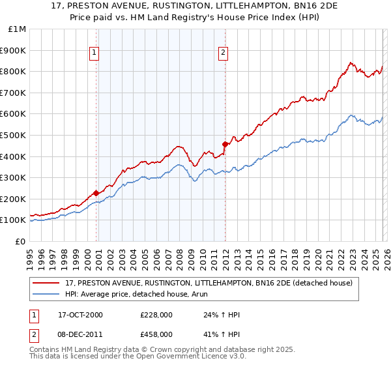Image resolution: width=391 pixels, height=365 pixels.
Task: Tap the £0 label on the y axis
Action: tap(22, 241)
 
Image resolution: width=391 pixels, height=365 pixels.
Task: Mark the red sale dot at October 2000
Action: tap(96, 192)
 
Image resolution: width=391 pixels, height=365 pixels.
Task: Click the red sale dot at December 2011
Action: tap(225, 143)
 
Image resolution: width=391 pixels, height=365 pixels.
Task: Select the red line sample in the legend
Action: tap(47, 283)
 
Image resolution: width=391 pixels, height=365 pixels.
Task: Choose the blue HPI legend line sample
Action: tap(47, 294)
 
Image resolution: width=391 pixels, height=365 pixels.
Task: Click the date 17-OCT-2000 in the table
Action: tap(80, 315)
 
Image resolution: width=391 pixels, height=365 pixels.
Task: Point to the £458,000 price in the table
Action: tap(156, 334)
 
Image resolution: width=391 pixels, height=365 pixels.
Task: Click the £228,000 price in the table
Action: tap(156, 315)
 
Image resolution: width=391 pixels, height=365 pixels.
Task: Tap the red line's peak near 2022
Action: tap(351, 63)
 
